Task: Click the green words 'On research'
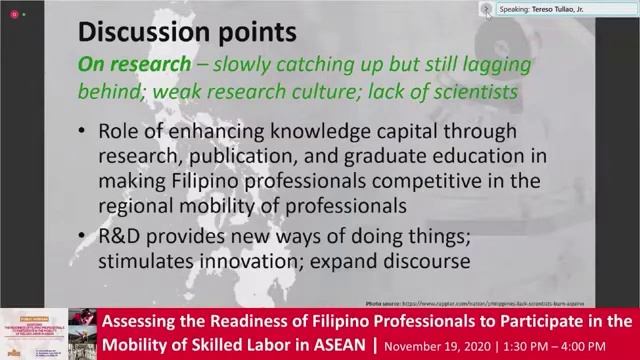(x=134, y=64)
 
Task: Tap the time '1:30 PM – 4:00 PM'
(x=572, y=345)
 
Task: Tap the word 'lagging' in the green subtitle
(x=491, y=64)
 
